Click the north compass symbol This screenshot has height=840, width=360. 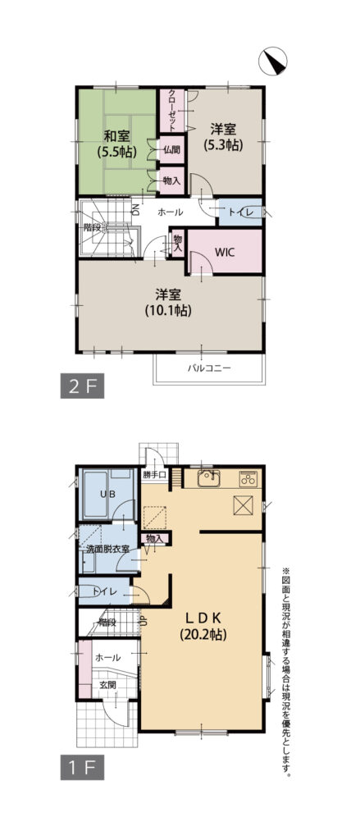point(273,61)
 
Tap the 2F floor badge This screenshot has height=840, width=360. point(82,387)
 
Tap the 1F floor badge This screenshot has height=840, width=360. point(82,768)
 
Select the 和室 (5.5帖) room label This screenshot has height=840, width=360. point(116,143)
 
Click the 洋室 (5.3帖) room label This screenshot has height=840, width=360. point(223,137)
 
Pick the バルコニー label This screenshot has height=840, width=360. point(208,368)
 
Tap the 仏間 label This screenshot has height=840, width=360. point(171,151)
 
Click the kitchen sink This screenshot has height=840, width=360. point(209,478)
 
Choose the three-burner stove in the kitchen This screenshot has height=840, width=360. point(248,478)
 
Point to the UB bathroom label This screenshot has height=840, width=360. point(107,495)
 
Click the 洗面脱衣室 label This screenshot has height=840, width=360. point(107,549)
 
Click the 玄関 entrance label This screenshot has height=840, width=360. point(107,685)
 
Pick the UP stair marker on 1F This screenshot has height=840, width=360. point(144,621)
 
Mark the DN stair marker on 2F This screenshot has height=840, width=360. point(135,207)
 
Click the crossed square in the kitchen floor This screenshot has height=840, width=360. point(243,505)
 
